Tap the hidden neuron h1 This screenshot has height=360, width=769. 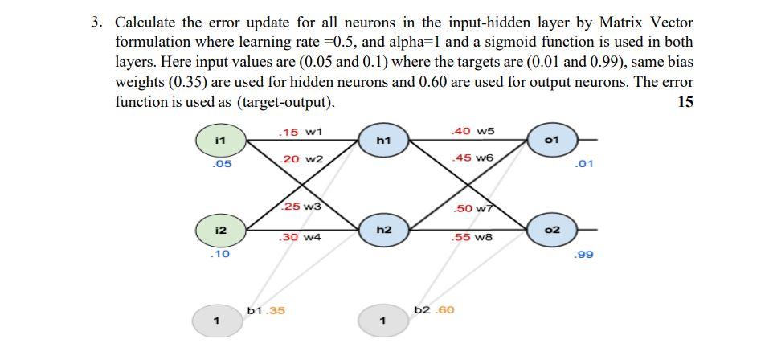383,140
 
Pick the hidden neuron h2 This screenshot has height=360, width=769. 383,231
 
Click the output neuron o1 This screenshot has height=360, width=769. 551,140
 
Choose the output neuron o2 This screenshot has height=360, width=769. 551,231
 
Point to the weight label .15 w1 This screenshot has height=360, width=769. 299,131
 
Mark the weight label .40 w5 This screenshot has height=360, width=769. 473,131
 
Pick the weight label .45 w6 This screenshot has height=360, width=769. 473,157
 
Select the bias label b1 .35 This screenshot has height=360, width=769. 266,310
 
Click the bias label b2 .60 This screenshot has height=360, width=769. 434,309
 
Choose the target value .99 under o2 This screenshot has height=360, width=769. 584,255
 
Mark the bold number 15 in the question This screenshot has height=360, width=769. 685,102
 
